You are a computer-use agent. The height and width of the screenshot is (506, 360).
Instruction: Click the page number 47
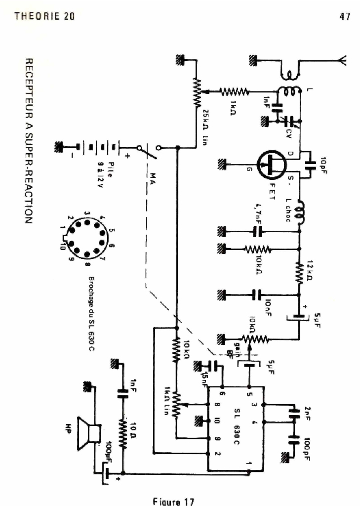(x=345, y=16)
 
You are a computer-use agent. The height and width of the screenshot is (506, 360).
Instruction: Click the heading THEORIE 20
(x=44, y=16)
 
